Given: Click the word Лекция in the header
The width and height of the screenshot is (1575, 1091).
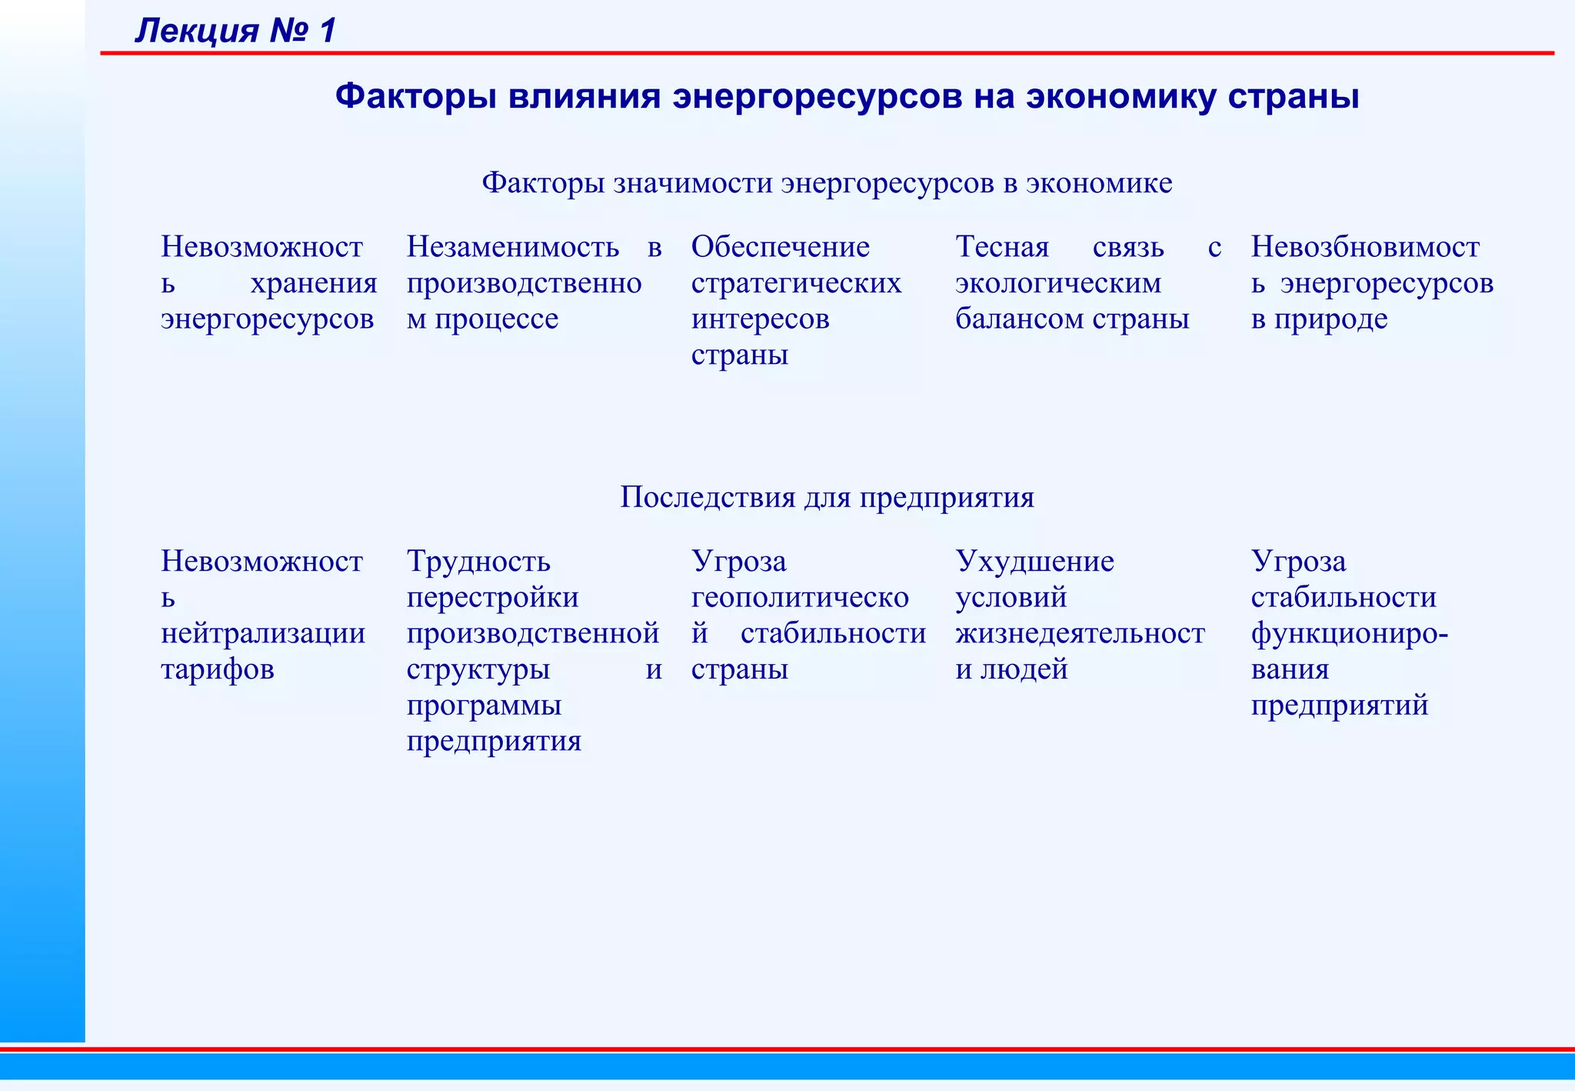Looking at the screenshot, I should [197, 31].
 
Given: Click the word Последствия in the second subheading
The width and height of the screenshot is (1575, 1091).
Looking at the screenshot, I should [708, 497].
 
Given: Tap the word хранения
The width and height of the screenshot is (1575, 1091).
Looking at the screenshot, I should [314, 283].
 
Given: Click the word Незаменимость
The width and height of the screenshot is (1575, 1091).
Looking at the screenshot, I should [513, 247].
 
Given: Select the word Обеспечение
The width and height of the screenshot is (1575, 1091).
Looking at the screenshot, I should [781, 247].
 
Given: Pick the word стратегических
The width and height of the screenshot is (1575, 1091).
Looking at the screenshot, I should [796, 283].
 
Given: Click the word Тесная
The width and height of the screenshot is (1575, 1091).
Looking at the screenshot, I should [1002, 247].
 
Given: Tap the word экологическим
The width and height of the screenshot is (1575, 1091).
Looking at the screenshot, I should [1058, 283].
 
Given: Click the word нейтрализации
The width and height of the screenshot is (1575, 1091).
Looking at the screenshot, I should [263, 633].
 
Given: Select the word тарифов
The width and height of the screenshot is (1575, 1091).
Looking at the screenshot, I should [218, 669].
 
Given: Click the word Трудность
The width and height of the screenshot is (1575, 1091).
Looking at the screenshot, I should [478, 562].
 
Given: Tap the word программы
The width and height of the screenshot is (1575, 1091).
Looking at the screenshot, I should [484, 706].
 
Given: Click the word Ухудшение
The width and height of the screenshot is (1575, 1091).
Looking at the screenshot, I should [1034, 562].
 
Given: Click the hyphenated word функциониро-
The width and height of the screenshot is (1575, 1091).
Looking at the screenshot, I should [1350, 633].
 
